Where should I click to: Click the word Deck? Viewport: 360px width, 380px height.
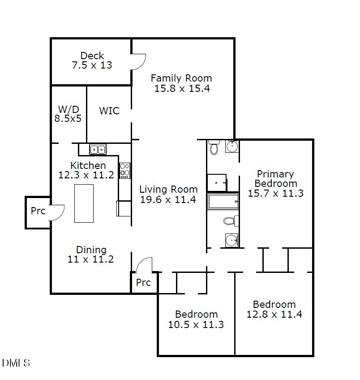coord(92,56)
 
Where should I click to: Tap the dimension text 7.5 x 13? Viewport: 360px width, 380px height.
coord(92,65)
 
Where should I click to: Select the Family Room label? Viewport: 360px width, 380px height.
coord(181,78)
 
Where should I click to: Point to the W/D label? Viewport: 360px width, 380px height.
coord(69,109)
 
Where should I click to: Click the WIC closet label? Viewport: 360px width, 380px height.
coord(109,110)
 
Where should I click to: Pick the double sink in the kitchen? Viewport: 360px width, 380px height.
coord(98,149)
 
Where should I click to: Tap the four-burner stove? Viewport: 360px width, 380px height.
coord(125,170)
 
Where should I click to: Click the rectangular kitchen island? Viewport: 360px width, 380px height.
coord(84,203)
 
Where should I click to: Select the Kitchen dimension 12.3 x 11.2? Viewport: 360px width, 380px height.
coord(86,175)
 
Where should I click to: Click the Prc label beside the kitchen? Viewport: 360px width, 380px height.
coord(38,211)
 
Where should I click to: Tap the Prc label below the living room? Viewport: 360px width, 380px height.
coord(143,283)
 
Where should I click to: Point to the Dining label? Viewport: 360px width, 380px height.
coord(91,250)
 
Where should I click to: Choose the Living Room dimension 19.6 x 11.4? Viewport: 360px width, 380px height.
coord(168,200)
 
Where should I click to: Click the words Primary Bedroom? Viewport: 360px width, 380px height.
coord(275,178)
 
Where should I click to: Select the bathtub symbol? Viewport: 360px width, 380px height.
coord(223,201)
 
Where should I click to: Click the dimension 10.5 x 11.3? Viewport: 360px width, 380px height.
coord(196,324)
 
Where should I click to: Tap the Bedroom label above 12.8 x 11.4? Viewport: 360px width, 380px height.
coord(274,304)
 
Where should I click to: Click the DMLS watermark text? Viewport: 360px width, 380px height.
coord(16,363)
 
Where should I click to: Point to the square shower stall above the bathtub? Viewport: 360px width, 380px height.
coord(217,183)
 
